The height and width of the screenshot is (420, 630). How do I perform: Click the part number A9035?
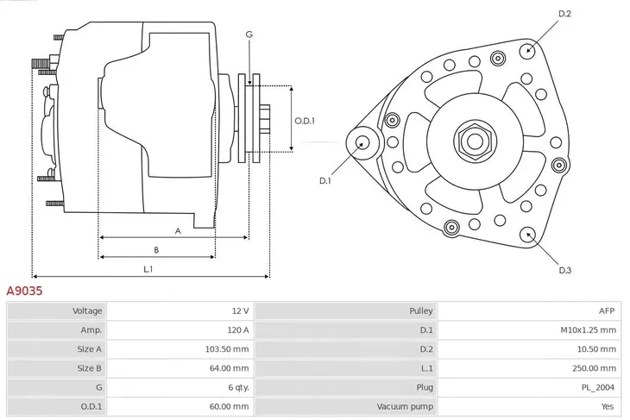pyautogui.click(x=25, y=292)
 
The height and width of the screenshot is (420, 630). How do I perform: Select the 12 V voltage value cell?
pyautogui.click(x=239, y=310)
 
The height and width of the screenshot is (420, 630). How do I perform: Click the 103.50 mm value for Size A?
pyautogui.click(x=229, y=349)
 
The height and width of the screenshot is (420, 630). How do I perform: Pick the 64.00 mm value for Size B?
pyautogui.click(x=231, y=368)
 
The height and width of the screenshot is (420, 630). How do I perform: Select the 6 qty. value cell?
pyautogui.click(x=236, y=387)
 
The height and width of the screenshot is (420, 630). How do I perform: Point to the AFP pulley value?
pyautogui.click(x=608, y=310)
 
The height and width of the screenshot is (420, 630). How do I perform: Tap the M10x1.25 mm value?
pyautogui.click(x=589, y=329)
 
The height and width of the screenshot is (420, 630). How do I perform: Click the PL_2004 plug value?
pyautogui.click(x=598, y=387)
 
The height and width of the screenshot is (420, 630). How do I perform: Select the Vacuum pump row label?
pyautogui.click(x=404, y=406)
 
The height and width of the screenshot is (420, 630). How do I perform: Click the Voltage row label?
pyautogui.click(x=87, y=310)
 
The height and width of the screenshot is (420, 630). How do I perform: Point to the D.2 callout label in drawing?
pyautogui.click(x=565, y=14)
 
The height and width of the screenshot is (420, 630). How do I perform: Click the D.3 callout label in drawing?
pyautogui.click(x=565, y=271)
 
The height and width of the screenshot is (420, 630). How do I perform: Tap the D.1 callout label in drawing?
pyautogui.click(x=325, y=181)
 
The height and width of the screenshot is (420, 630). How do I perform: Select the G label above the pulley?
pyautogui.click(x=249, y=34)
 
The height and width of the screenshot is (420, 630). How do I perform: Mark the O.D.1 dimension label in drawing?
pyautogui.click(x=305, y=121)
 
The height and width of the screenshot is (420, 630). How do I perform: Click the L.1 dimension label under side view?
pyautogui.click(x=148, y=269)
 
